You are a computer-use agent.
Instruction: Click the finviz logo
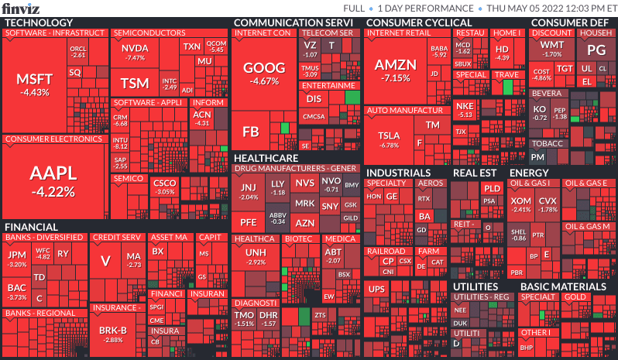click(x=20, y=9)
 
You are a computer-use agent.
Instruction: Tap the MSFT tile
click(x=36, y=85)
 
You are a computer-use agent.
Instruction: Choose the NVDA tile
click(x=135, y=52)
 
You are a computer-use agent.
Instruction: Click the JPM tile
click(x=17, y=259)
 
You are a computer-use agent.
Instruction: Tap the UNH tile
click(x=256, y=256)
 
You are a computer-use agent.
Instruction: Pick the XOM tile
click(x=521, y=204)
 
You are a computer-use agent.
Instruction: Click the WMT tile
click(x=552, y=49)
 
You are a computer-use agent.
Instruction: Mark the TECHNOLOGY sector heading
click(x=39, y=22)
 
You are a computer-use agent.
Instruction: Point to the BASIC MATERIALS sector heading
click(x=562, y=286)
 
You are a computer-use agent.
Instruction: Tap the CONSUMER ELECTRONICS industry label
click(x=54, y=139)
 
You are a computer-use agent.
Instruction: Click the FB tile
click(x=251, y=132)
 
